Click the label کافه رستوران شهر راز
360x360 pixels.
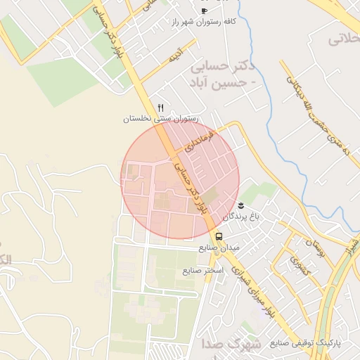(x=203, y=22)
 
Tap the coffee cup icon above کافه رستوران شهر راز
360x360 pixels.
(x=204, y=11)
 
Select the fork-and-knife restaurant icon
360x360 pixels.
(x=161, y=108)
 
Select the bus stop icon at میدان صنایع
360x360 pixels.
(x=219, y=236)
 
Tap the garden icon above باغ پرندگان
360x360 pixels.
(x=242, y=205)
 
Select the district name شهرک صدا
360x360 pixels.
(x=231, y=345)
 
